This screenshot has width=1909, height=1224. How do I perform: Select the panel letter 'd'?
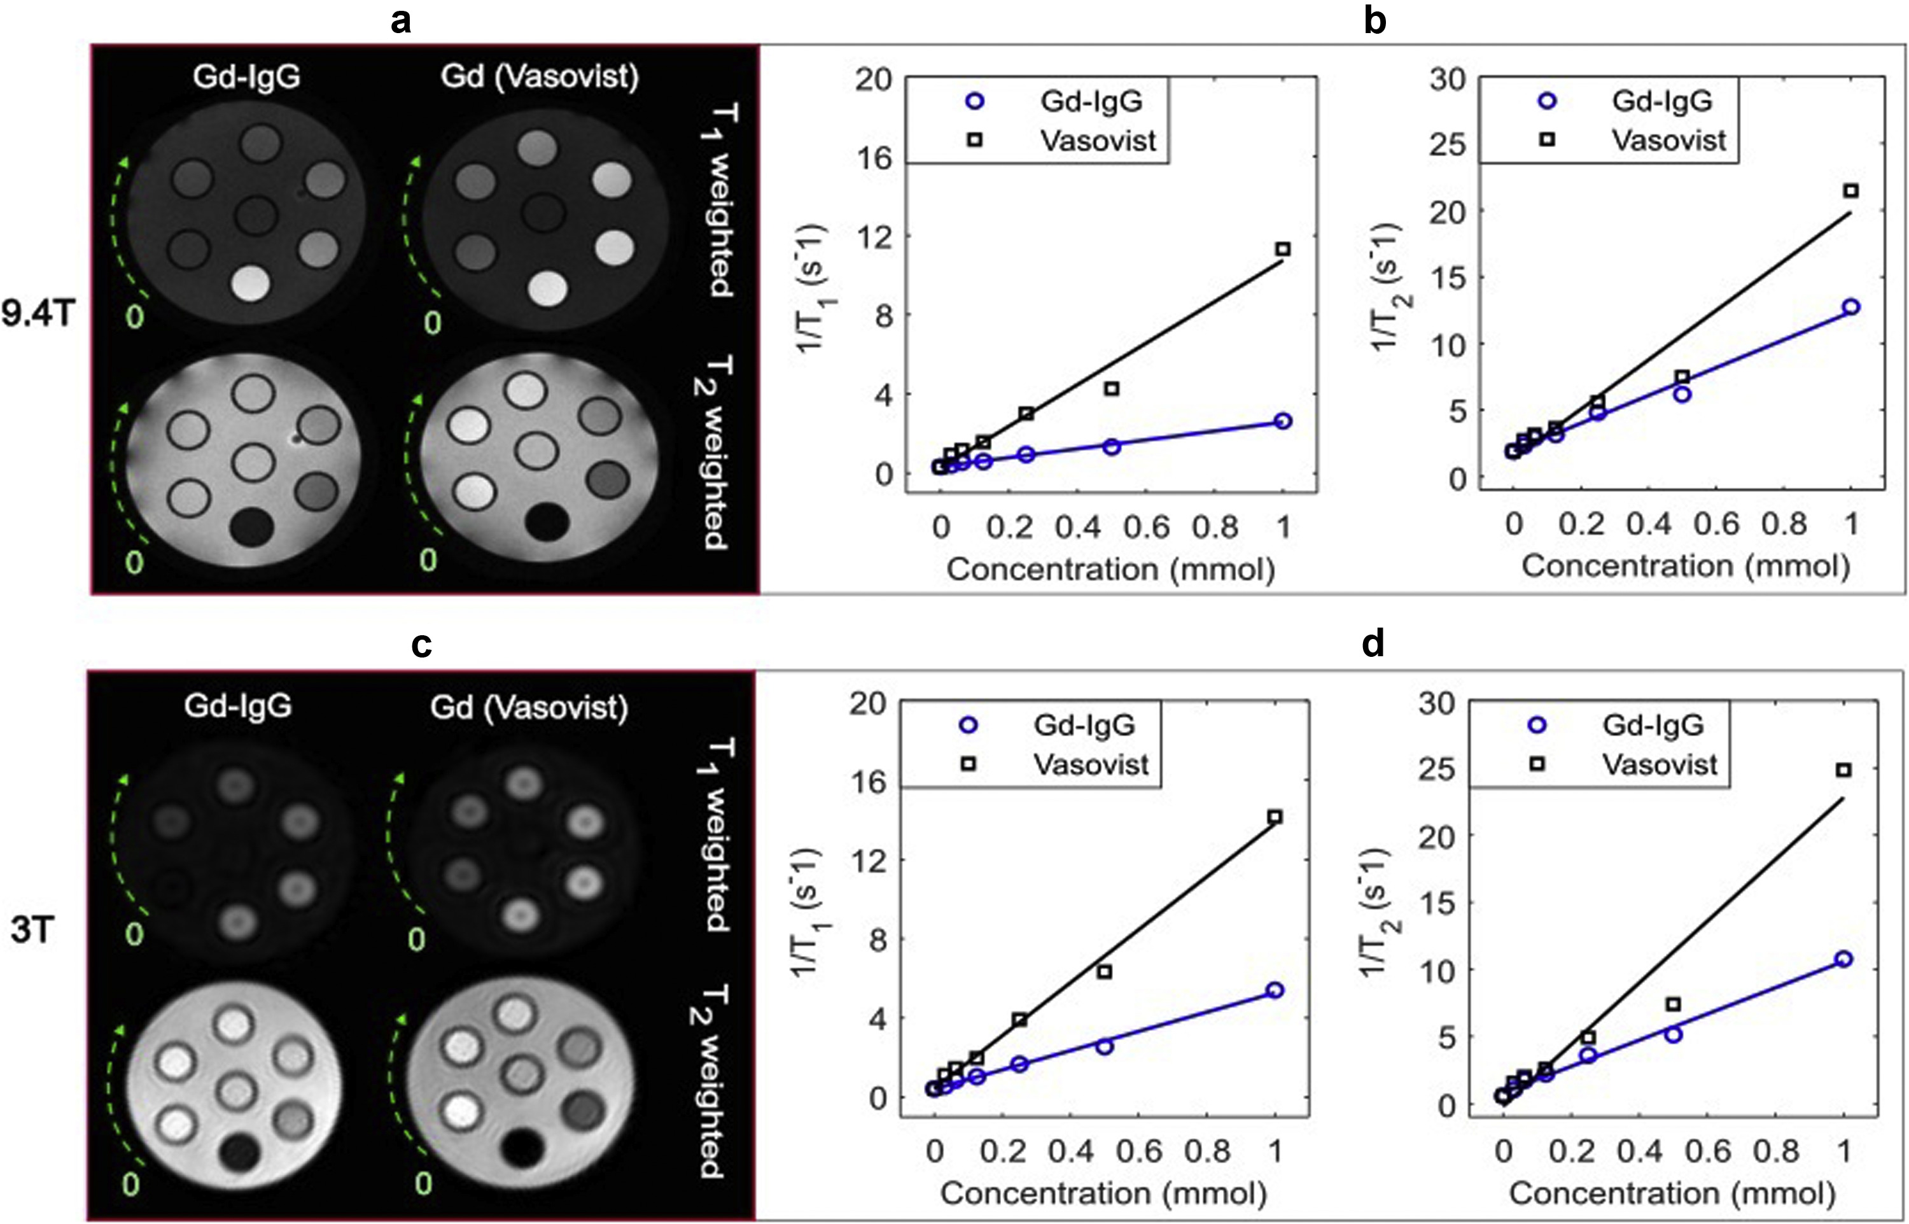[x=1374, y=645]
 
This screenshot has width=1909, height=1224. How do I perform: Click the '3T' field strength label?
[x=32, y=931]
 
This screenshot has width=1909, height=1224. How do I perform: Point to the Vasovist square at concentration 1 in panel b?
[x=1851, y=191]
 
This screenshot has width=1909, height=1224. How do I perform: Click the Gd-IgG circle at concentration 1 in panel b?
[x=1851, y=307]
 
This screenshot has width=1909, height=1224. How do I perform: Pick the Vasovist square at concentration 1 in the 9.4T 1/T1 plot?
[x=1283, y=250]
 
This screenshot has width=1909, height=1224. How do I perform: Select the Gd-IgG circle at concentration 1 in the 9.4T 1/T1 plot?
[x=1283, y=421]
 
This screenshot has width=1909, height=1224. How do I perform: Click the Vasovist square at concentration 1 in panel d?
[x=1845, y=770]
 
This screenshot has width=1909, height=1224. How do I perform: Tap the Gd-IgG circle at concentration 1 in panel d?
[x=1845, y=959]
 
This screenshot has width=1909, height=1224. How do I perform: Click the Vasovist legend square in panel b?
[x=1547, y=139]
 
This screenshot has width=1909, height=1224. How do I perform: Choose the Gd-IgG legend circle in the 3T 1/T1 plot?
[x=969, y=725]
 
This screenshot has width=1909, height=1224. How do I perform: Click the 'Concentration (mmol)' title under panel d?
[x=1672, y=1193]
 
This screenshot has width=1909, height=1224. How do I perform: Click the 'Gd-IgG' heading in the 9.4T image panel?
[x=246, y=77]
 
